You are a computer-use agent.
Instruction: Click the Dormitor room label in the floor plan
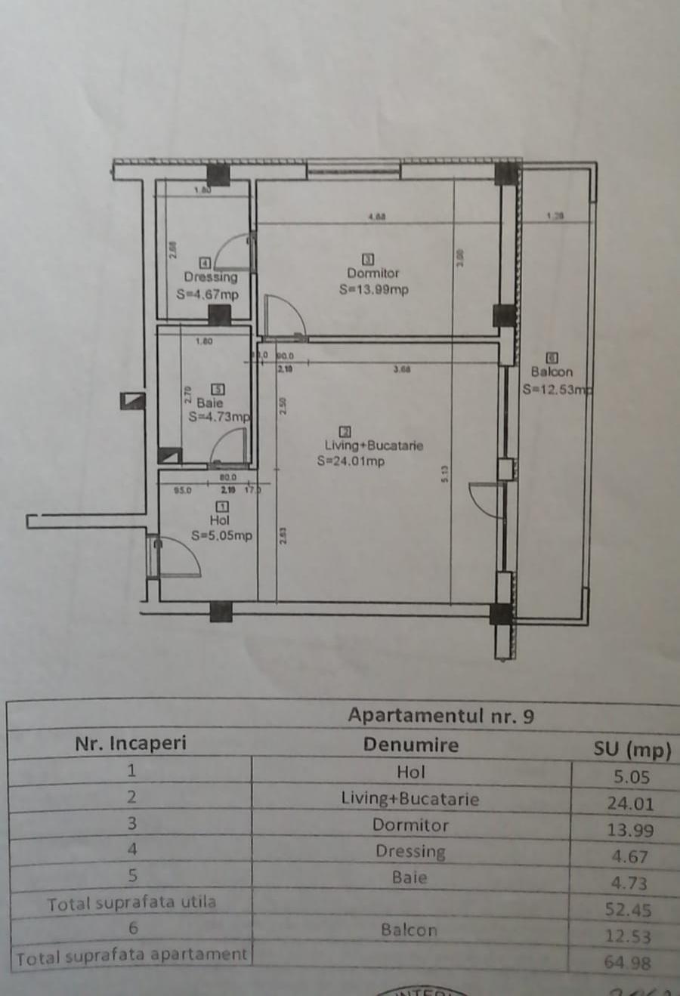click(373, 273)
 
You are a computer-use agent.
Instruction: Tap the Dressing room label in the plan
click(210, 277)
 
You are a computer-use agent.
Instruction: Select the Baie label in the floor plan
click(210, 403)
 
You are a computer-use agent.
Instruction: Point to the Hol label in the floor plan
click(220, 520)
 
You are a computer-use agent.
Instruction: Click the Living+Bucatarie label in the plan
click(374, 446)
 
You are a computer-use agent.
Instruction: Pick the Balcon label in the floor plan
click(552, 372)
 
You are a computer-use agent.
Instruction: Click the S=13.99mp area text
click(374, 289)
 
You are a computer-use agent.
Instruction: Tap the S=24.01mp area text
click(351, 461)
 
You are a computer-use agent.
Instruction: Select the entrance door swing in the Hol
click(181, 557)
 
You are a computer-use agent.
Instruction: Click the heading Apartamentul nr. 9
click(440, 715)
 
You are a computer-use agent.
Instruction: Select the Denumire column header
click(410, 745)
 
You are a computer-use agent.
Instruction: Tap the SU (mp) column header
click(632, 749)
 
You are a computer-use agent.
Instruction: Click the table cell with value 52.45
click(628, 910)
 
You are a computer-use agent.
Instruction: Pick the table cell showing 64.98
click(627, 963)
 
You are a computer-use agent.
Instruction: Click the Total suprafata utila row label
click(131, 903)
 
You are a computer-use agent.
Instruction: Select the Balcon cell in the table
click(409, 930)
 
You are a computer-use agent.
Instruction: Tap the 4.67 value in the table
click(629, 857)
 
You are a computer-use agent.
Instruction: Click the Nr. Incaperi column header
click(130, 743)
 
